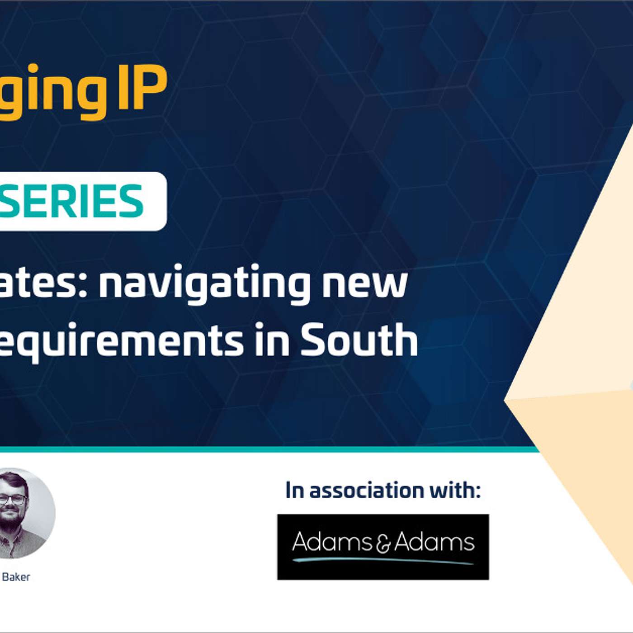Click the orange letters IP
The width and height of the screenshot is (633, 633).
click(142, 88)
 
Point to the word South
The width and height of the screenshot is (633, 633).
click(359, 340)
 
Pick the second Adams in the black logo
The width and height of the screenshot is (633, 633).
click(434, 542)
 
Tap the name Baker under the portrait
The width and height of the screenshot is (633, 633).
click(16, 577)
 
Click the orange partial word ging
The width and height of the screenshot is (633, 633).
click(53, 90)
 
